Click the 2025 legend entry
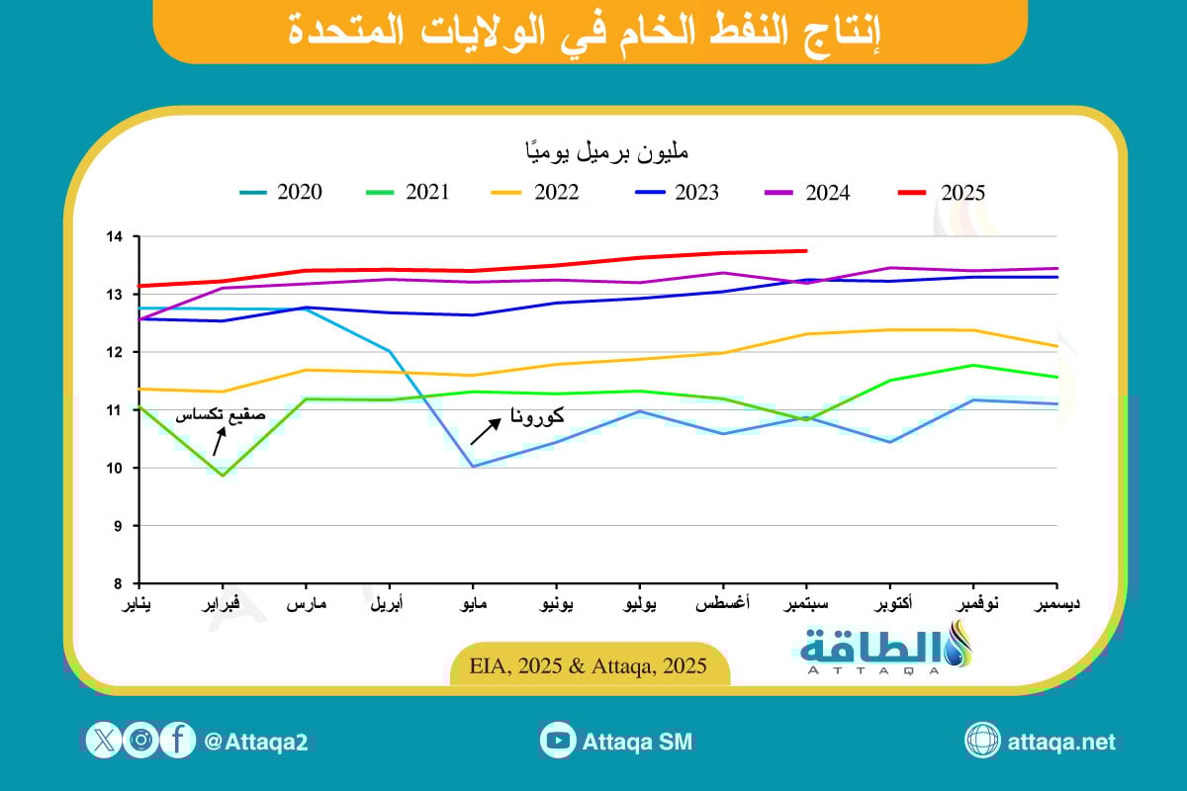coord(949,193)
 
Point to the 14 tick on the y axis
coord(117,237)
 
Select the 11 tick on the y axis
coord(117,410)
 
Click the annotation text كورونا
coord(539,417)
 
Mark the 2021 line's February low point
coord(223,476)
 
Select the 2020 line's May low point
coord(475,466)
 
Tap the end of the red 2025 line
coord(807,251)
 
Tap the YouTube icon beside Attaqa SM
coord(559,740)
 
